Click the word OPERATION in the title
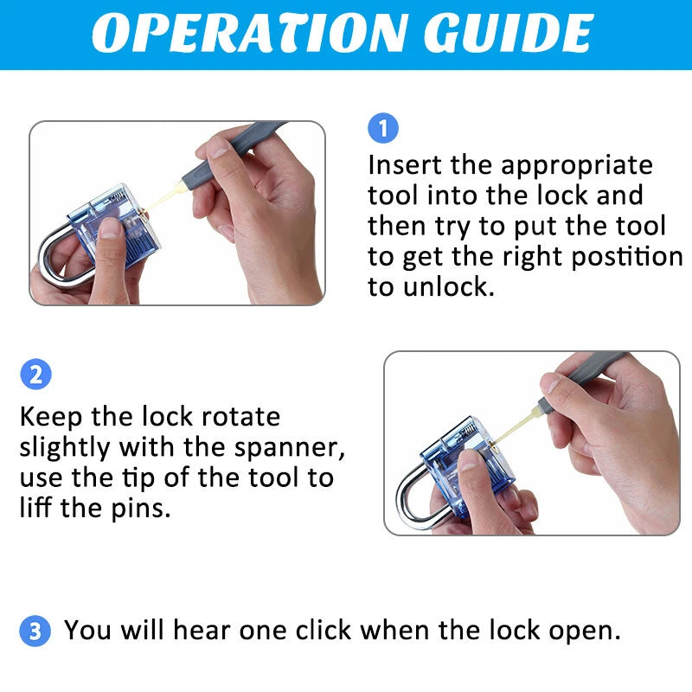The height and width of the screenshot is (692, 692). click(x=248, y=33)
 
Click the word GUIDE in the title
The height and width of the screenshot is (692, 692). click(x=509, y=33)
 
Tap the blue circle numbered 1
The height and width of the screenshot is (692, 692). click(x=383, y=128)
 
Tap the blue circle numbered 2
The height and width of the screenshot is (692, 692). click(x=35, y=375)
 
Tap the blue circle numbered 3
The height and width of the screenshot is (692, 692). click(x=35, y=631)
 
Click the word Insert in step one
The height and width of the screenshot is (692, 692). click(x=405, y=165)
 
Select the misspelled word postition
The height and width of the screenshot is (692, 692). click(x=627, y=257)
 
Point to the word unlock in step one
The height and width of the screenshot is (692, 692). click(x=448, y=286)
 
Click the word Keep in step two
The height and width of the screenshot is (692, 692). click(x=51, y=417)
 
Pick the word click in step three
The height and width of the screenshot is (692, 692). click(x=323, y=630)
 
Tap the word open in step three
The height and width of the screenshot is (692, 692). click(x=585, y=631)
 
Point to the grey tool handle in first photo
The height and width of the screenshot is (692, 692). click(x=234, y=152)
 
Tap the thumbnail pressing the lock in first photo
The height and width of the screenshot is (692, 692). click(x=109, y=228)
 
